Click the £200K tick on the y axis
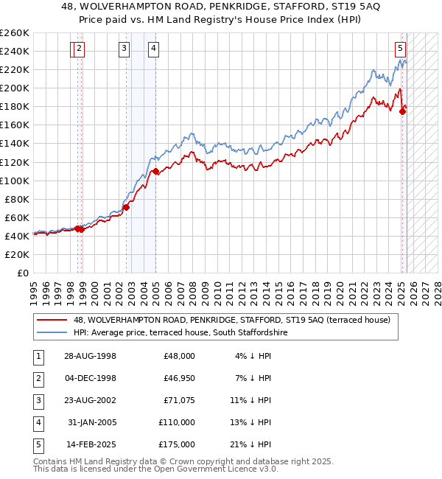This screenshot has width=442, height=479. (15, 88)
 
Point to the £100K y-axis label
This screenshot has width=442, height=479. (15, 181)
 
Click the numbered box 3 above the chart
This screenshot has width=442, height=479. (124, 49)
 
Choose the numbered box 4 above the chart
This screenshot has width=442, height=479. (152, 49)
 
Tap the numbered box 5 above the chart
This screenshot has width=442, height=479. (400, 49)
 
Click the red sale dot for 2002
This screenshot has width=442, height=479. (126, 207)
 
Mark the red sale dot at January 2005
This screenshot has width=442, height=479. (155, 171)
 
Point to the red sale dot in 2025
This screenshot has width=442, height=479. (402, 111)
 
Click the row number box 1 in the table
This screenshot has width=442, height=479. (38, 355)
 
